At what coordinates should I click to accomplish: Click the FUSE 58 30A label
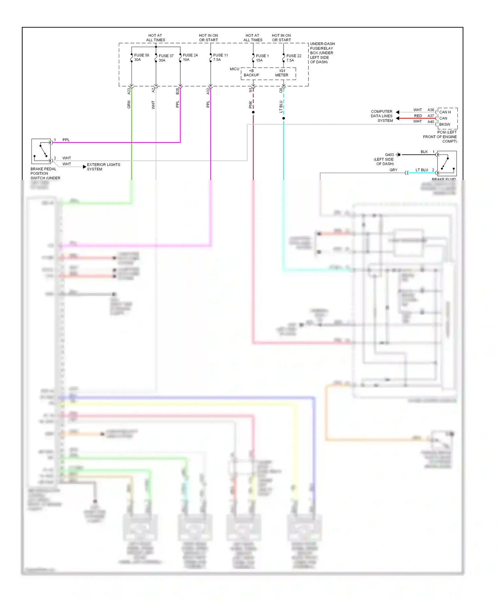point(141,57)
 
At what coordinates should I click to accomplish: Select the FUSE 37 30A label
point(166,58)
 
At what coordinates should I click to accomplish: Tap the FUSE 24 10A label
point(190,57)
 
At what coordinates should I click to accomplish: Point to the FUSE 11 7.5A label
point(220,57)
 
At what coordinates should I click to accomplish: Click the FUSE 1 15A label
point(262,58)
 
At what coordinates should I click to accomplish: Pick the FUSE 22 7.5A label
point(293,58)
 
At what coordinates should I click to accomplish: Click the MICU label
point(234,69)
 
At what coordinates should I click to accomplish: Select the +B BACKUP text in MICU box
point(251,73)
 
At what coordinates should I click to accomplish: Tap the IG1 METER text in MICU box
point(282,73)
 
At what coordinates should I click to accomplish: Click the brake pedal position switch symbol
point(41,151)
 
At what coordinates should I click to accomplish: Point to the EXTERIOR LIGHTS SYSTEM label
point(103,167)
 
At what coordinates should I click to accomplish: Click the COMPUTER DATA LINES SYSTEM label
point(382,116)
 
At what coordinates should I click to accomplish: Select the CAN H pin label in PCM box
point(445,112)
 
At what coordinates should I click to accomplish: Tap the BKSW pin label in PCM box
point(445,125)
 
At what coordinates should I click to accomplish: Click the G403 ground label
point(389,155)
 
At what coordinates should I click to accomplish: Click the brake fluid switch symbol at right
point(447,163)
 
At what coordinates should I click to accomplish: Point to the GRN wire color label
point(129,105)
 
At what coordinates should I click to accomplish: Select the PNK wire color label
point(251,105)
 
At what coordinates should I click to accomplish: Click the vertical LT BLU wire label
point(281,106)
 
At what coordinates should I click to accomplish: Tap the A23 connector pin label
point(129,91)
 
